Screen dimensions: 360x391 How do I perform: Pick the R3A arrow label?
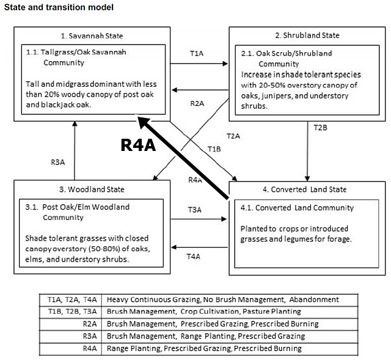[x=59, y=162]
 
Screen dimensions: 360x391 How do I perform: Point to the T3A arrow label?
[x=194, y=210]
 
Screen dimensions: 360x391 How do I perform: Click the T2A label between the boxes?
[x=233, y=134]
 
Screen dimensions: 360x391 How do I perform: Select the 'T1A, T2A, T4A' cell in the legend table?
[x=73, y=299]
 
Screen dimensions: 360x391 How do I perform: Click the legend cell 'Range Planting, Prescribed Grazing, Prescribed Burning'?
[x=204, y=348]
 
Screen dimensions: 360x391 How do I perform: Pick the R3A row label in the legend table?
[x=89, y=336]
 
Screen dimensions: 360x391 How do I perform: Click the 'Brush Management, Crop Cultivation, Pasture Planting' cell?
[x=204, y=312]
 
